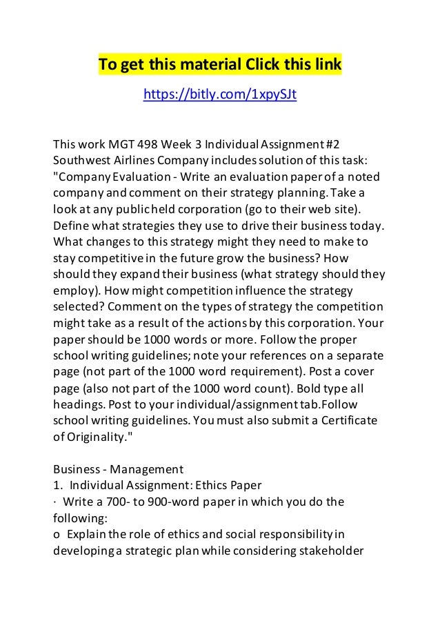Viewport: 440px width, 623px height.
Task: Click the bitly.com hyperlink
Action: coord(219,95)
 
